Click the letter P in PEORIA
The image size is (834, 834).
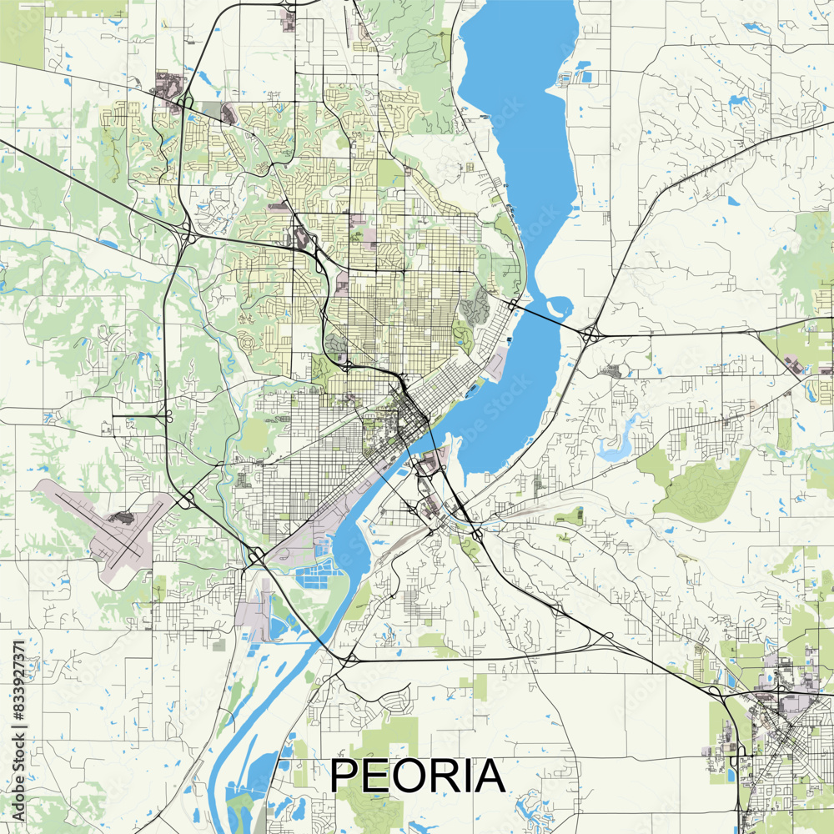pyautogui.click(x=345, y=776)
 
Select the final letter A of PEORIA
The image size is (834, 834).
pyautogui.click(x=488, y=776)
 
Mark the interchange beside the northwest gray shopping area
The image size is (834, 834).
pyautogui.click(x=185, y=103)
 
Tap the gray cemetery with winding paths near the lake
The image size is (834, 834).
pyautogui.click(x=475, y=307)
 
